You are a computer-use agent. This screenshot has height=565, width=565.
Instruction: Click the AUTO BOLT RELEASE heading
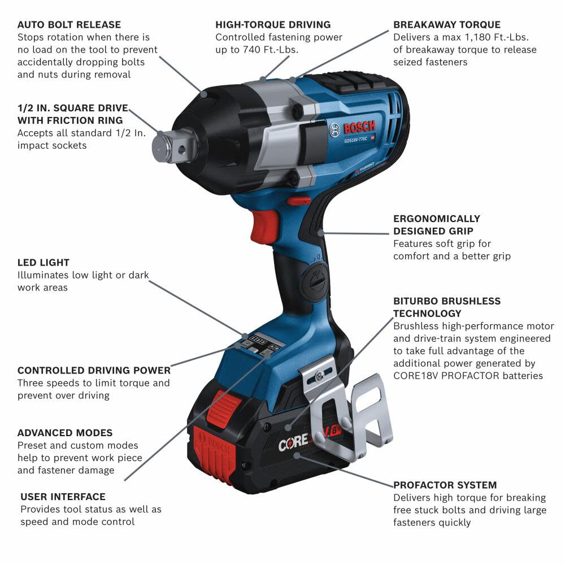(x=69, y=25)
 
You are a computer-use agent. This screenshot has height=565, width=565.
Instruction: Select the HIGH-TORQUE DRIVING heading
(x=273, y=25)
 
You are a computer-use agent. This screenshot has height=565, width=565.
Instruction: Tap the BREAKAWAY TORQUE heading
(x=447, y=25)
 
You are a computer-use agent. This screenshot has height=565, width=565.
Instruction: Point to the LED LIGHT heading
(x=44, y=263)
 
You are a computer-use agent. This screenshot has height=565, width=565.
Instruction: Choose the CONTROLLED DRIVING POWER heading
(x=94, y=371)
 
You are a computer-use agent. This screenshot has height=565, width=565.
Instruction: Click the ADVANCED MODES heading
(x=65, y=433)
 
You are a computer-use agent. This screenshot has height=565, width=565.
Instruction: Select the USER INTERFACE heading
(x=63, y=497)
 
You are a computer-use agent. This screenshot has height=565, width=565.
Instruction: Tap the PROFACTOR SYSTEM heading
(x=445, y=485)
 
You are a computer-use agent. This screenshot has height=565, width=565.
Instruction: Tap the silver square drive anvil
(x=169, y=145)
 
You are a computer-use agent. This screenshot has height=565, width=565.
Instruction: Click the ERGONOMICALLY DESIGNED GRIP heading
(x=437, y=225)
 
